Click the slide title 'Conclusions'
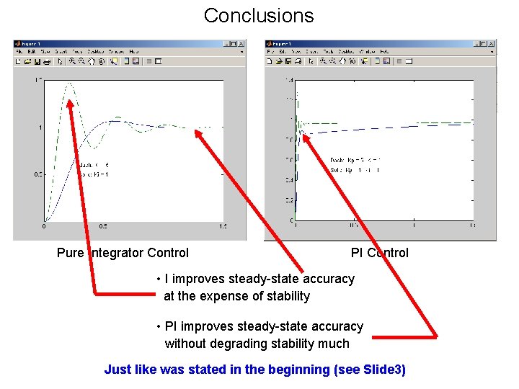(259, 15)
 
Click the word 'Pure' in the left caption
(71, 253)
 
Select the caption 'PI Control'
(379, 253)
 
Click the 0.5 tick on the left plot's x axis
(103, 226)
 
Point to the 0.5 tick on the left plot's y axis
(38, 174)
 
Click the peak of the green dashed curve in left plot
(70, 84)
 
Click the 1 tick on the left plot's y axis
(40, 128)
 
